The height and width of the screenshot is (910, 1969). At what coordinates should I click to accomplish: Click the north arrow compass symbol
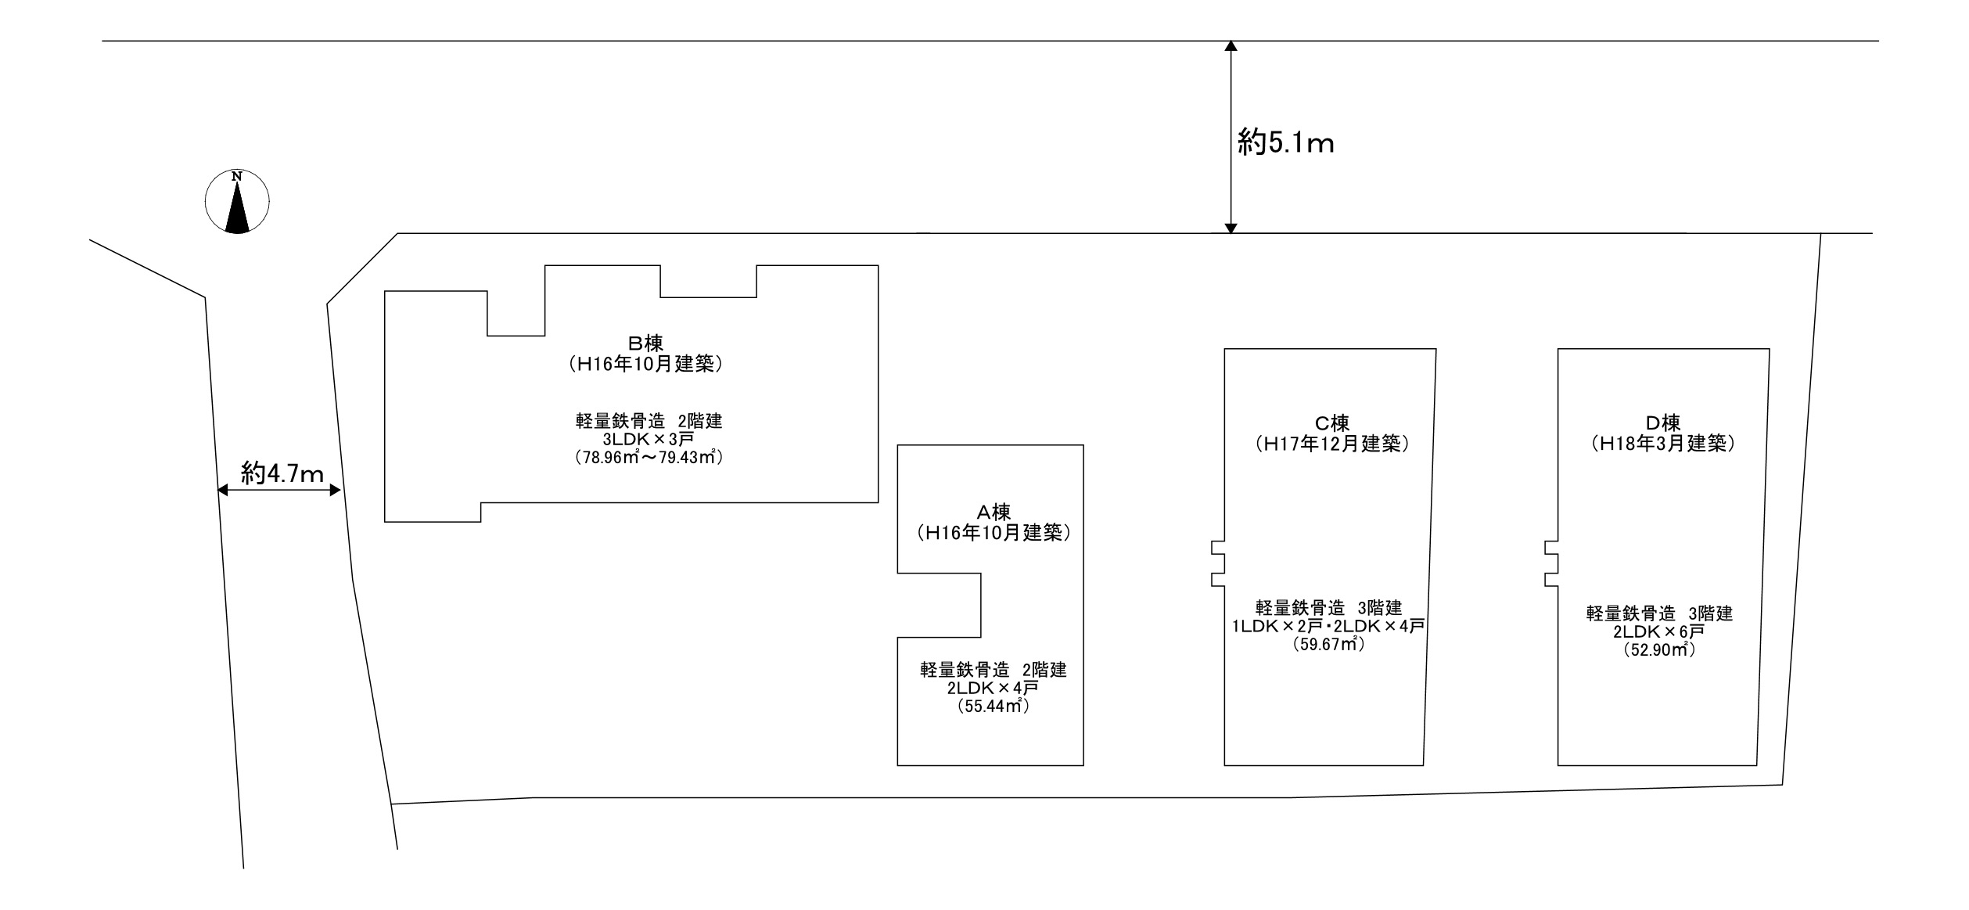click(237, 201)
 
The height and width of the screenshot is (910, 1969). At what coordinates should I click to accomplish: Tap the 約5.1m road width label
click(1285, 143)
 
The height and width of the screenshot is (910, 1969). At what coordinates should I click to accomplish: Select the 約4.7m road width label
click(282, 473)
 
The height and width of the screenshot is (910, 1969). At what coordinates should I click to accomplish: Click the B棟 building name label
click(645, 343)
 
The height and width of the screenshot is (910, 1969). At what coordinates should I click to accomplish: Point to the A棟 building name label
click(993, 513)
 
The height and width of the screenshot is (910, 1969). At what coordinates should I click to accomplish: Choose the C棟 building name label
click(1331, 423)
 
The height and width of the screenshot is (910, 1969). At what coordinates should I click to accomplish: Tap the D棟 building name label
click(1662, 423)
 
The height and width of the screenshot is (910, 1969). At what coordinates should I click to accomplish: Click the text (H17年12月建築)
click(1331, 444)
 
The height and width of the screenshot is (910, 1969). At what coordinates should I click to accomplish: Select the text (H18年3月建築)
click(1662, 444)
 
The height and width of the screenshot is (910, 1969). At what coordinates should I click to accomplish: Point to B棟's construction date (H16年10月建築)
click(645, 364)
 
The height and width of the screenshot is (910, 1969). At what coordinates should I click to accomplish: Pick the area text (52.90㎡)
click(1659, 650)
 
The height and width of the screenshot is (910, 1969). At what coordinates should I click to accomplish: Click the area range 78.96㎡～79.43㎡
click(649, 457)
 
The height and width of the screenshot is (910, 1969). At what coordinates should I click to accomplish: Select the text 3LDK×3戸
click(649, 439)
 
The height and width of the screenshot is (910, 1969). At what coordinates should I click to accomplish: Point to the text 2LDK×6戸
click(1659, 631)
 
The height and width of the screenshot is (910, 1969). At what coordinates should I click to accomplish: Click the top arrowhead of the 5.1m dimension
click(1231, 45)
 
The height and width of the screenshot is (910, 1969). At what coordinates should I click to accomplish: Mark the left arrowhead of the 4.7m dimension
click(222, 491)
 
